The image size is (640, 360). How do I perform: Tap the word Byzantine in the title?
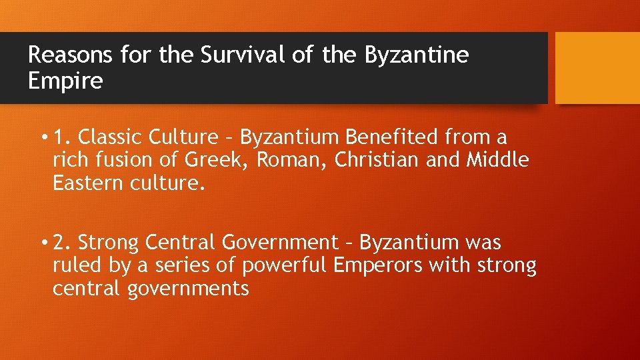click(417, 55)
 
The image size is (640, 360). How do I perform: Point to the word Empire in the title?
click(65, 81)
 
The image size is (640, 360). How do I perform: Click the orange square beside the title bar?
click(597, 68)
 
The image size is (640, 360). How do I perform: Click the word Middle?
click(497, 160)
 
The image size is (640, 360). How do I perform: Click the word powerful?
click(285, 265)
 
